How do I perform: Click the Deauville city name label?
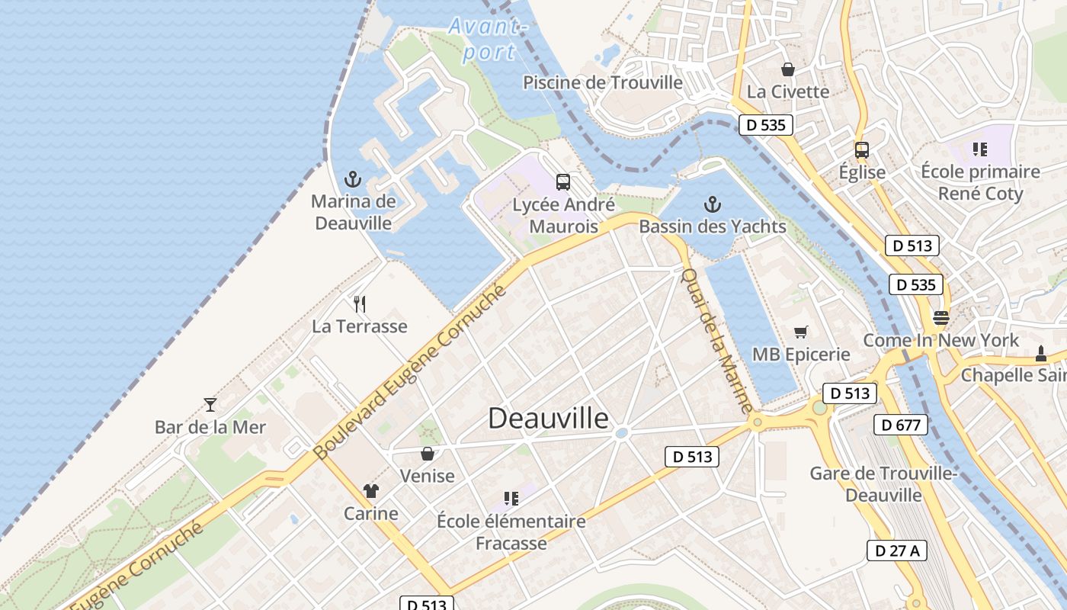pyautogui.click(x=548, y=418)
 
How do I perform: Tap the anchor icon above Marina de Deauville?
pyautogui.click(x=353, y=180)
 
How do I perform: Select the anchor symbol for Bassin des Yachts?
pyautogui.click(x=712, y=204)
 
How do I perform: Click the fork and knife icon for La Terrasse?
pyautogui.click(x=360, y=304)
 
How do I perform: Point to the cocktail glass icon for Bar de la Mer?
pyautogui.click(x=210, y=404)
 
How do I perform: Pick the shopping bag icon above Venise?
pyautogui.click(x=428, y=454)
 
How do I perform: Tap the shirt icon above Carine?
pyautogui.click(x=371, y=490)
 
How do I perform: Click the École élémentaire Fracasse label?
pyautogui.click(x=511, y=532)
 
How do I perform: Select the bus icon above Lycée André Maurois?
pyautogui.click(x=563, y=182)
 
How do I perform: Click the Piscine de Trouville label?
pyautogui.click(x=602, y=82)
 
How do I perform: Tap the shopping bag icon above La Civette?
pyautogui.click(x=787, y=69)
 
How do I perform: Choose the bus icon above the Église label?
pyautogui.click(x=862, y=149)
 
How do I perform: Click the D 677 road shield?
pyautogui.click(x=900, y=425)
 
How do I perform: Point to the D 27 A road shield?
pyautogui.click(x=897, y=551)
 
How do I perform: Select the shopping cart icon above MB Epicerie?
pyautogui.click(x=800, y=332)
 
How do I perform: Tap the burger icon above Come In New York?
pyautogui.click(x=941, y=318)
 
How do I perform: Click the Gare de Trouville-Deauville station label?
pyautogui.click(x=883, y=484)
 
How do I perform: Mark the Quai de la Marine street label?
pyautogui.click(x=716, y=340)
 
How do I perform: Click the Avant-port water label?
pyautogui.click(x=488, y=39)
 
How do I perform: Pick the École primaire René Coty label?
pyautogui.click(x=980, y=182)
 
